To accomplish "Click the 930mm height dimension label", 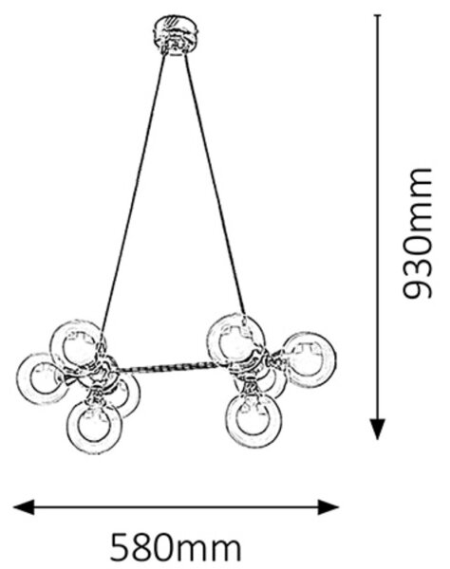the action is click(x=418, y=233).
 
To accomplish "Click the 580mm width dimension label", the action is click(x=176, y=547).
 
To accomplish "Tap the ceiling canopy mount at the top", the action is click(x=176, y=35).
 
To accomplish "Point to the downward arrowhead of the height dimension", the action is click(x=378, y=430).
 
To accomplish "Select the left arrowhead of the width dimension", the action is click(x=24, y=507).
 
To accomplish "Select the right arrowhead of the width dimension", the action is click(x=328, y=507).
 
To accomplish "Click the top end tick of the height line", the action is click(x=378, y=15).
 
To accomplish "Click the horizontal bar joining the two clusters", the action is click(x=170, y=368).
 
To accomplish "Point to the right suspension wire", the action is click(x=215, y=185).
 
